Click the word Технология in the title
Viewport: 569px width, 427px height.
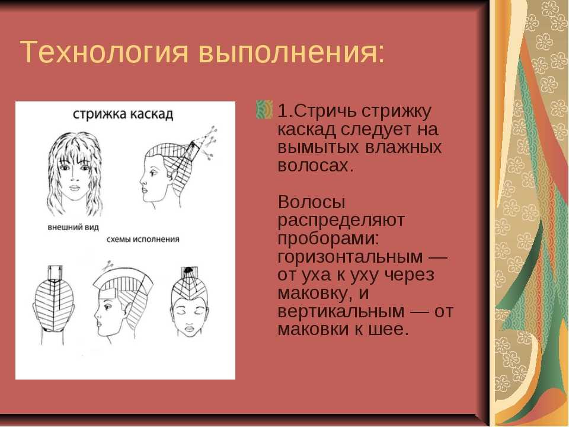point(104,53)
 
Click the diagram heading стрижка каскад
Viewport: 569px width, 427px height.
point(123,114)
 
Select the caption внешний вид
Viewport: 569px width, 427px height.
point(73,227)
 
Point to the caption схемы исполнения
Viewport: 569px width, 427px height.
point(143,239)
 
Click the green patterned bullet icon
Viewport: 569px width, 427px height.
point(264,110)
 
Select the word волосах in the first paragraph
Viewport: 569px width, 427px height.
point(315,166)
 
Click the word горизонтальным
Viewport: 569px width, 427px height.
point(350,257)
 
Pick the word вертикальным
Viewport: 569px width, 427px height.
point(341,311)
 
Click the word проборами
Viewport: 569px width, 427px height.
point(328,239)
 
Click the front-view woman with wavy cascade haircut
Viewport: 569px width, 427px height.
point(75,174)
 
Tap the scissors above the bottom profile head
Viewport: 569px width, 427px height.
point(108,266)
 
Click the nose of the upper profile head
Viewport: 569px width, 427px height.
point(142,180)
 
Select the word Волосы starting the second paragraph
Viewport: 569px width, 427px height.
point(311,202)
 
